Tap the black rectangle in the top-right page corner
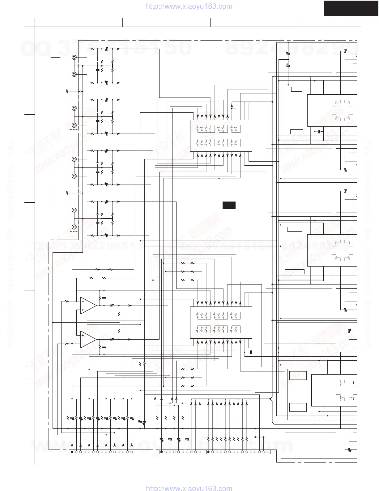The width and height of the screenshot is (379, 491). click(x=351, y=8)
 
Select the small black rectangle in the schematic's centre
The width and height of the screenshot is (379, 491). click(x=229, y=205)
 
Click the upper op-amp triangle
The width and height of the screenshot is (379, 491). click(x=88, y=306)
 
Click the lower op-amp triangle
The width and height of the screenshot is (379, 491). click(x=88, y=339)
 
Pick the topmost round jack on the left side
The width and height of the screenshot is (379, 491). click(x=74, y=58)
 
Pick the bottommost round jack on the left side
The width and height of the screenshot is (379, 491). click(x=74, y=227)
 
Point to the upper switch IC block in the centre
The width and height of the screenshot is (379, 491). click(x=221, y=136)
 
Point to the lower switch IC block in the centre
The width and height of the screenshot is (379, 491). click(x=221, y=322)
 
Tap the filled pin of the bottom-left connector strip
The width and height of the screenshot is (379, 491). click(x=72, y=452)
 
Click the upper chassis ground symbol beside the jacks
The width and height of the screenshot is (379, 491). click(x=68, y=91)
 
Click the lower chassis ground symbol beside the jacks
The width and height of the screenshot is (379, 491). click(x=68, y=193)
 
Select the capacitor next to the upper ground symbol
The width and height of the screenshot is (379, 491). click(x=80, y=91)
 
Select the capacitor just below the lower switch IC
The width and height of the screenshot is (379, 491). click(x=251, y=352)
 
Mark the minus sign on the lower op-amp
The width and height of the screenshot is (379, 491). click(x=83, y=344)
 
